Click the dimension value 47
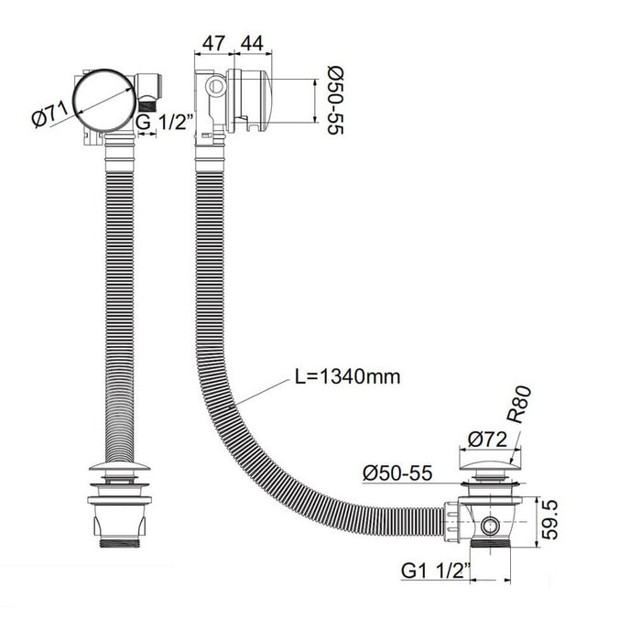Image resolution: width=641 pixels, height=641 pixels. pyautogui.click(x=213, y=43)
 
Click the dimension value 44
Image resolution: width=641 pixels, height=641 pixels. pyautogui.click(x=252, y=43)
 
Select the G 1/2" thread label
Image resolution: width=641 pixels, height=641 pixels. pyautogui.click(x=164, y=122)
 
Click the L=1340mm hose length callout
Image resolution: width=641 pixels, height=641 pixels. pyautogui.click(x=347, y=376)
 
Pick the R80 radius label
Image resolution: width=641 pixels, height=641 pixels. pyautogui.click(x=519, y=404)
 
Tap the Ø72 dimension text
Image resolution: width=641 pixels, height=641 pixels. pyautogui.click(x=488, y=440)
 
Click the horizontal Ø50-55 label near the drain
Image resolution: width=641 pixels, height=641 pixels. pyautogui.click(x=397, y=473)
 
